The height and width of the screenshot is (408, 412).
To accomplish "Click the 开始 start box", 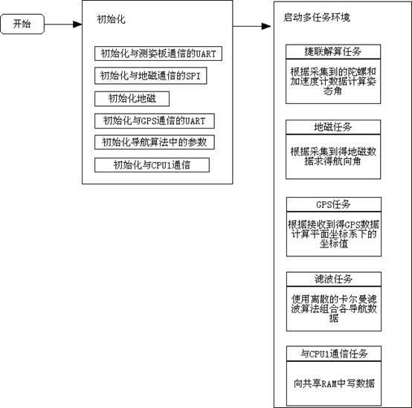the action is click(22, 24).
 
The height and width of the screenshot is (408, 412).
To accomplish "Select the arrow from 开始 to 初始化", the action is click(63, 25).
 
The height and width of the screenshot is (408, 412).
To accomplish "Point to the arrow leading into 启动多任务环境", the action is click(252, 26).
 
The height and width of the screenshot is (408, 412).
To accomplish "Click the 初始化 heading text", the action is click(111, 19).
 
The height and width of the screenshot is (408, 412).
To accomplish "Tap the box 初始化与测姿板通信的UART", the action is click(158, 54).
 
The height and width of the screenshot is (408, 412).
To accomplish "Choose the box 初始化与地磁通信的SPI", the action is click(150, 76).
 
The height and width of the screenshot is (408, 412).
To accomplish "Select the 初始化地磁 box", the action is click(132, 99).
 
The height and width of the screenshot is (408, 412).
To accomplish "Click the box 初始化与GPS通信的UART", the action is click(155, 121).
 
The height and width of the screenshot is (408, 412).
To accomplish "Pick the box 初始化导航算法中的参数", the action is click(155, 142).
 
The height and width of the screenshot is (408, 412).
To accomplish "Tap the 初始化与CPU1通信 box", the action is click(152, 165).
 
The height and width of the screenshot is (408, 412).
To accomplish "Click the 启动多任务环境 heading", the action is click(317, 17).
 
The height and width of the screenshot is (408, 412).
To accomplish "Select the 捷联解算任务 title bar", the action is click(333, 52).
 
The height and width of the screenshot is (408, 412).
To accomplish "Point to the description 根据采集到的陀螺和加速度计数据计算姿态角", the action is click(333, 82).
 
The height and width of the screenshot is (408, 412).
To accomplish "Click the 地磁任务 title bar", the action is click(333, 127).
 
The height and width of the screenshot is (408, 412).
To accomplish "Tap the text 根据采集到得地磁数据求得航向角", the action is click(333, 157).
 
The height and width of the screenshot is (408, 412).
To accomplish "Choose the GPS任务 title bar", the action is click(334, 204).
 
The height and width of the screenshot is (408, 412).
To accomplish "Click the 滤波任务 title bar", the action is click(334, 279).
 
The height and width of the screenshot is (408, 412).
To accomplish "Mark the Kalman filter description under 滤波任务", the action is click(334, 308).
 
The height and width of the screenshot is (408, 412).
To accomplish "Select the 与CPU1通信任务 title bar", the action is click(334, 354).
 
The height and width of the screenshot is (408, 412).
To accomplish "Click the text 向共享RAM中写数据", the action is click(334, 383).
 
